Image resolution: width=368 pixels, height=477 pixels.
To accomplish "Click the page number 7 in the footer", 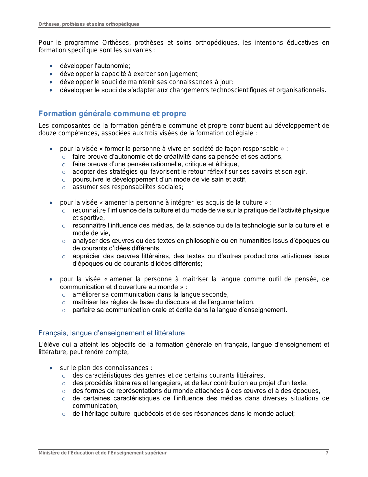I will [x=327, y=453].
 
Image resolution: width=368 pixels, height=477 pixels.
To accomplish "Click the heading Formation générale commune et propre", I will [x=112, y=114].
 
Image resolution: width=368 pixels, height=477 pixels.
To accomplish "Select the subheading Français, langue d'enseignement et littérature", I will [x=111, y=333].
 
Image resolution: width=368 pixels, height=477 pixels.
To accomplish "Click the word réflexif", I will [x=213, y=172].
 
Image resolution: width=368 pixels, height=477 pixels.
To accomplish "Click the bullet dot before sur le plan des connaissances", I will [x=51, y=368].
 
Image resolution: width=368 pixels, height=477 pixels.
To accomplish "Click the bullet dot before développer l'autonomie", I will [x=51, y=66].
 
